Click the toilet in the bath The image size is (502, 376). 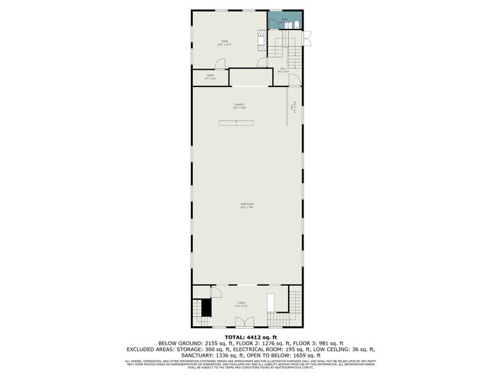click(298, 25)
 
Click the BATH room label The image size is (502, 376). click(285, 20)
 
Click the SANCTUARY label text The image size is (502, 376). click(247, 205)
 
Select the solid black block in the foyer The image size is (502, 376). click(206, 308)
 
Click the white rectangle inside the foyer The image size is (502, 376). click(270, 303)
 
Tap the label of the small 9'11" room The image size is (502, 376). click(210, 77)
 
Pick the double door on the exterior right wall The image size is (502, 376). click(307, 38)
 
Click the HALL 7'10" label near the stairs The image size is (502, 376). click(283, 70)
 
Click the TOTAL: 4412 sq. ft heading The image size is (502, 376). click(250, 336)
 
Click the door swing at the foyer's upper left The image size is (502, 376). click(216, 292)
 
